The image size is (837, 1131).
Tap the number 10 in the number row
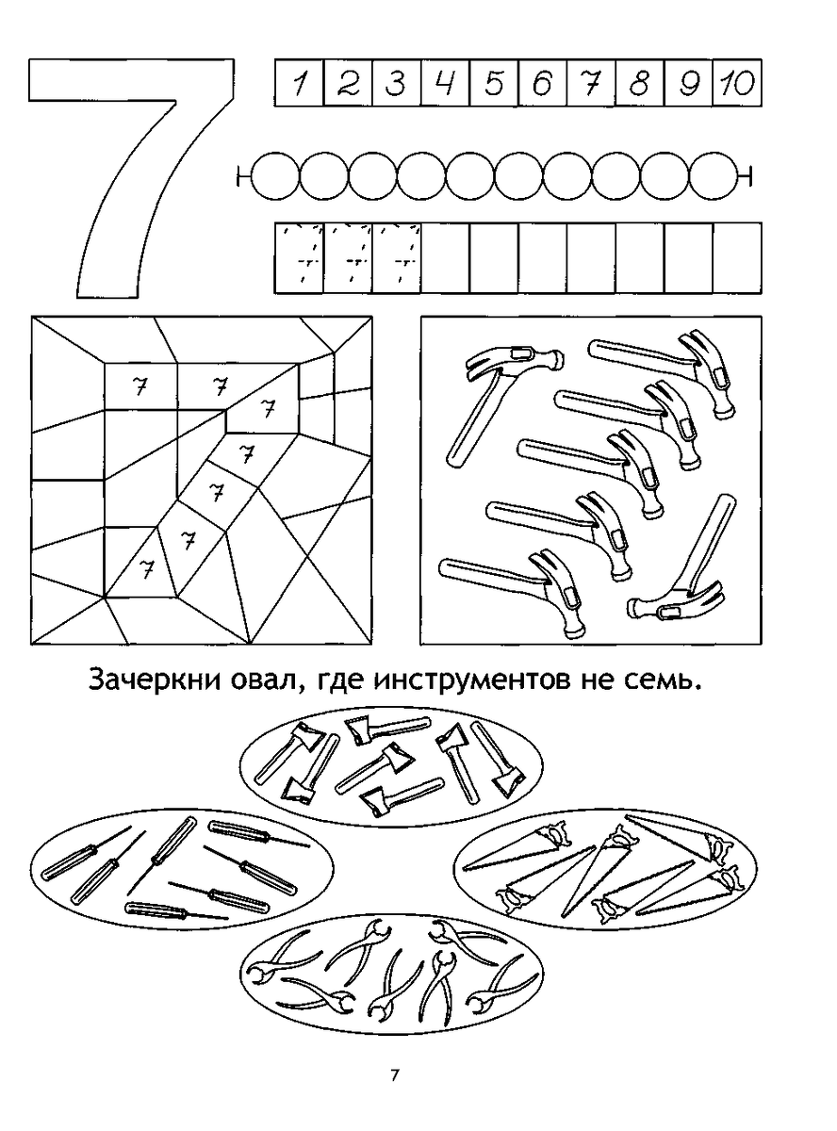coord(737,85)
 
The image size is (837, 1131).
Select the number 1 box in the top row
coord(299,85)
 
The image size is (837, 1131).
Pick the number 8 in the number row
coord(640,85)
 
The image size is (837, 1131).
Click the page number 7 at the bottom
coord(395,1075)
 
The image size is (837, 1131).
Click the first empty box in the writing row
coord(445,257)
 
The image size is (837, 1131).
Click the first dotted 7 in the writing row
coord(299,257)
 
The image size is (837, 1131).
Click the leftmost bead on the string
coord(275,175)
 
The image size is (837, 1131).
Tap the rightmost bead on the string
coord(714,175)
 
